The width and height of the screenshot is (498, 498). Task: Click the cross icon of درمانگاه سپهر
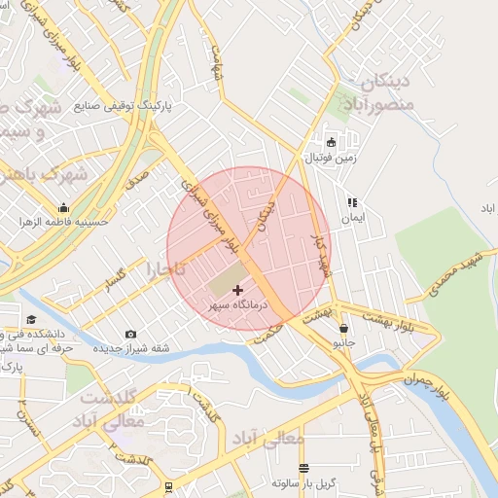pos(237,290)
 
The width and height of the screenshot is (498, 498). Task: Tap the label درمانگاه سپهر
pos(237,305)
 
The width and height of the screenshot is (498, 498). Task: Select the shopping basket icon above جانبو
pos(343,329)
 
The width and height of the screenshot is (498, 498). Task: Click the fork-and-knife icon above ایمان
pos(352,202)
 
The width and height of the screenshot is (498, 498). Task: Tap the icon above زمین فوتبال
pos(331,142)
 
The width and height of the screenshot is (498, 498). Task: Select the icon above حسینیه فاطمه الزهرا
pos(64,207)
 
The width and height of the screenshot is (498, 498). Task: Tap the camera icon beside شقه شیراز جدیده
pos(131,335)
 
